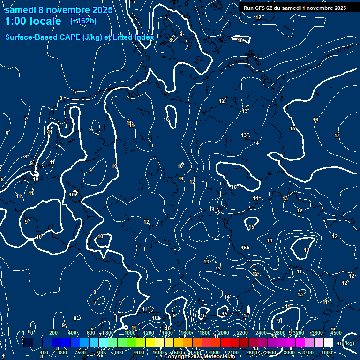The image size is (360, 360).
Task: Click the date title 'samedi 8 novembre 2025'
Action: pyautogui.click(x=59, y=10)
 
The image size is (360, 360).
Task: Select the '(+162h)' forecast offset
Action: pyautogui.click(x=83, y=21)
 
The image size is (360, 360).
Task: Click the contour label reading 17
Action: pyautogui.click(x=337, y=135)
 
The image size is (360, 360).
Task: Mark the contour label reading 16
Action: pyautogui.click(x=315, y=120)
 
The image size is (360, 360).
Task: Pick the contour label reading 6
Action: pyautogui.click(x=7, y=133)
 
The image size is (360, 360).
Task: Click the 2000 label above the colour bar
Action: pyautogui.click(x=224, y=333)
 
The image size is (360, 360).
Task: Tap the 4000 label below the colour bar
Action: pyautogui.click(x=327, y=352)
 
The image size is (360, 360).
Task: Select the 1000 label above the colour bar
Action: pyautogui.click(x=129, y=333)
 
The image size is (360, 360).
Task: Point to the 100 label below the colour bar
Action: pyautogui.click(x=44, y=352)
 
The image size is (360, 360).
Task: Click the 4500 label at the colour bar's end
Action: pyautogui.click(x=336, y=333)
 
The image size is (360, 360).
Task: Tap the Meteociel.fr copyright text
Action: pyautogui.click(x=199, y=357)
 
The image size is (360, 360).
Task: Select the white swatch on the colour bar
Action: pyautogui.click(x=328, y=343)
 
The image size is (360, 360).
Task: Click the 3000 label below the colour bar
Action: pyautogui.click(x=289, y=352)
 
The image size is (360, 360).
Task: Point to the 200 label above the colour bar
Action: pyautogui.click(x=53, y=333)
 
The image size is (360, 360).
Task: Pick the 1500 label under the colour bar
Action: pyautogui.click(x=176, y=352)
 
